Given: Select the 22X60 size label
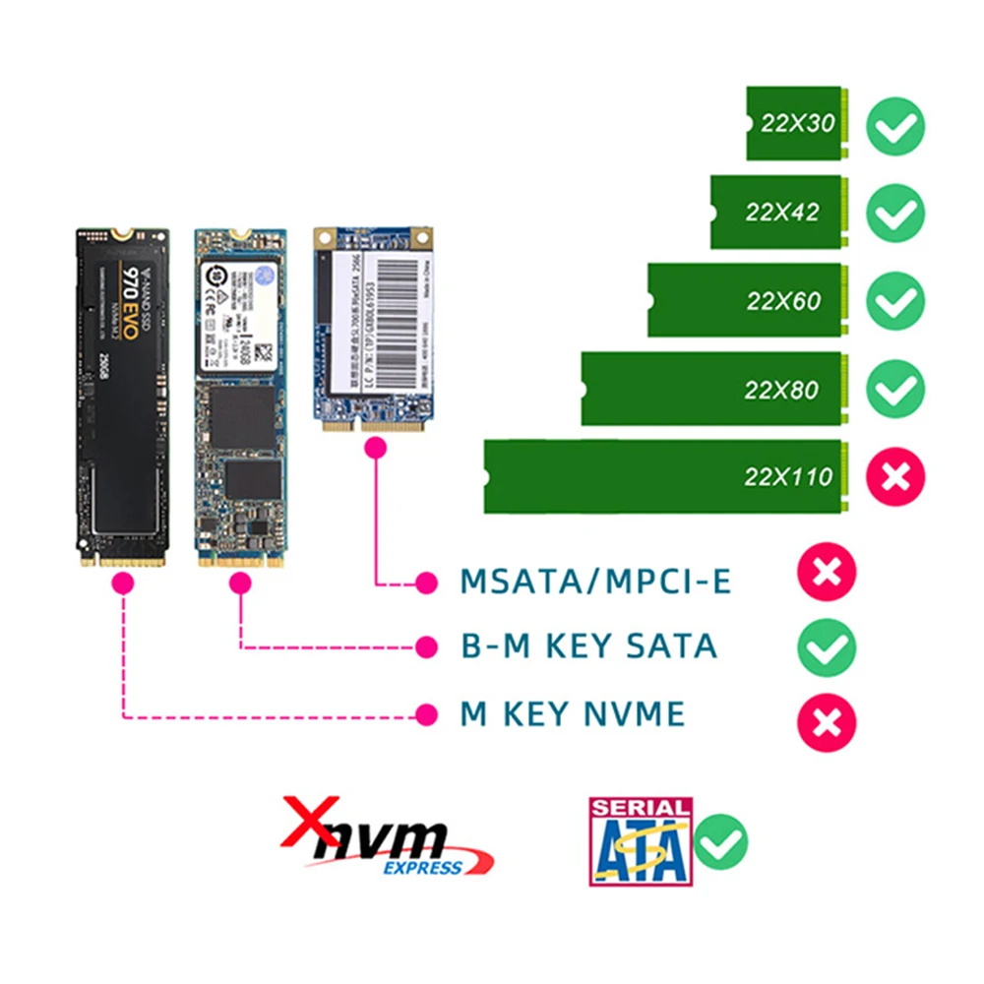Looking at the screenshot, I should click(783, 301).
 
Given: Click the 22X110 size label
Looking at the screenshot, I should click(788, 478).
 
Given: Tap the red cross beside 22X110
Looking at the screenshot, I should click(895, 477).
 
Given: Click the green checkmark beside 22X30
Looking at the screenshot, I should click(895, 124).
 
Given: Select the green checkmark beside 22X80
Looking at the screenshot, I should click(895, 389).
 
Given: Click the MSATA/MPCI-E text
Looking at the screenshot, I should click(596, 582).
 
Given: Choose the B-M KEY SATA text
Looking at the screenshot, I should click(588, 646).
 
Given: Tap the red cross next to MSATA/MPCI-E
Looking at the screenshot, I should click(827, 572).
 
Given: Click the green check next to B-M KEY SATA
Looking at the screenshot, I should click(827, 647).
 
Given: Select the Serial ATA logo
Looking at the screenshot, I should click(640, 841).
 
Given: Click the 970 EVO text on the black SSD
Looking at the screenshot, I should click(129, 286).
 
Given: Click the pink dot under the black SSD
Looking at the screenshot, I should click(123, 583).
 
